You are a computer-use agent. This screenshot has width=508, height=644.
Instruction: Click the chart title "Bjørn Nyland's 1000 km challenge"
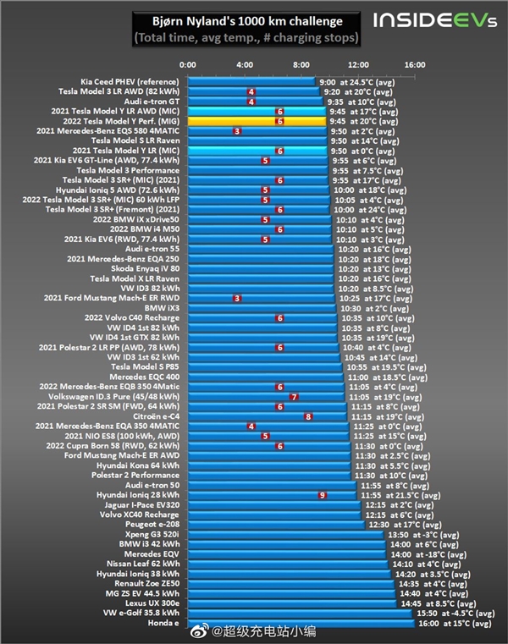pos(246,21)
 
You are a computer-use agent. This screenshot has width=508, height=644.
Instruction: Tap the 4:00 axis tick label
pos(245,65)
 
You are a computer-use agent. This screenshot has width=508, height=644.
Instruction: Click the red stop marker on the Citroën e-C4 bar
pos(308,416)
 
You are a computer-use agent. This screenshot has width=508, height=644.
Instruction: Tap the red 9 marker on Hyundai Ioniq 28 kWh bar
pos(322,494)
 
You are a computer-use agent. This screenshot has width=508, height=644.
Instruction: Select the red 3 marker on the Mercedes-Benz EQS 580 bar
pos(237,131)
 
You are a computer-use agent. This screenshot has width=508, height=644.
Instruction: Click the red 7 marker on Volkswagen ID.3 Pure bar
pos(294,396)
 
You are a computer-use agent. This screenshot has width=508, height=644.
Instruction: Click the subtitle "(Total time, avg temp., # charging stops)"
pos(246,38)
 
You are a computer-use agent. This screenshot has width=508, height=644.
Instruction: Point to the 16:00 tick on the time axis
pos(414,65)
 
